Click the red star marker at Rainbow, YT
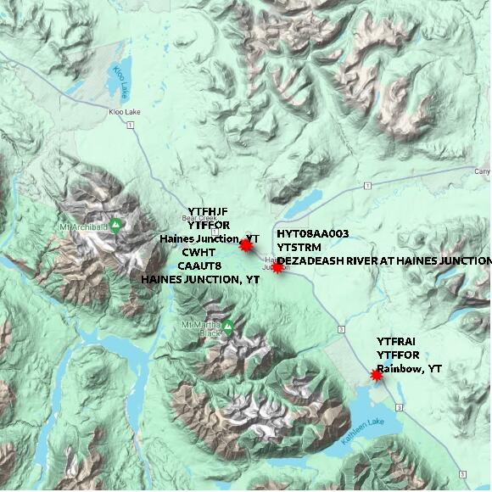click(377, 374)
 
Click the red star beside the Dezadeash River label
click(277, 266)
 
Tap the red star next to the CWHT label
click(246, 245)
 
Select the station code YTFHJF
click(208, 211)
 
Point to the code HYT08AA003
click(313, 232)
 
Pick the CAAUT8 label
click(200, 266)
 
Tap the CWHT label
click(198, 252)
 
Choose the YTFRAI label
click(397, 341)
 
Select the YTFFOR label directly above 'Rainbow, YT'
click(398, 355)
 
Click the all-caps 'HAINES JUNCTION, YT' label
click(200, 279)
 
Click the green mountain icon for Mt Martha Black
click(227, 326)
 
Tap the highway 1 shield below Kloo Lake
click(131, 126)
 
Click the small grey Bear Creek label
click(182, 217)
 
